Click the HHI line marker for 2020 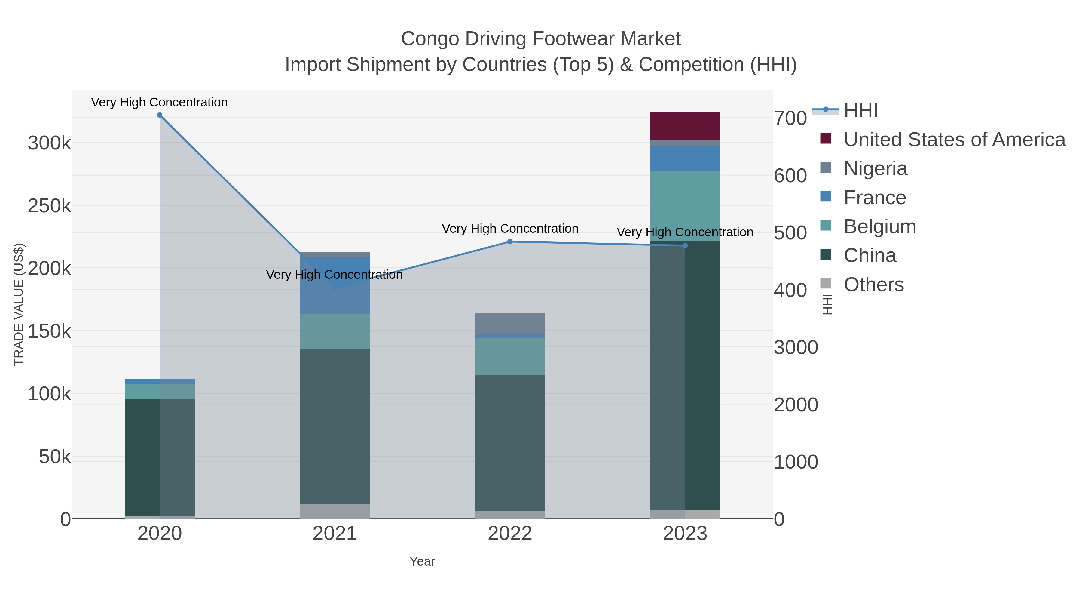(160, 115)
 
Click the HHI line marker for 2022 (510, 242)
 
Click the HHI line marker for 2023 (685, 245)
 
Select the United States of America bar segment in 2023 (685, 126)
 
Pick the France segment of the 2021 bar (335, 286)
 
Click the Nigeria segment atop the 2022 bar (510, 323)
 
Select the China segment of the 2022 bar (510, 443)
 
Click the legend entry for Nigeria (875, 168)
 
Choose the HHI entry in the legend (860, 111)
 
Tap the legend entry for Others (874, 285)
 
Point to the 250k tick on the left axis (49, 206)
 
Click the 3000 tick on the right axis (796, 348)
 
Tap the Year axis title (422, 561)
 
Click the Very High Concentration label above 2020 (159, 102)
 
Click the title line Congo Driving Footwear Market (541, 39)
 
